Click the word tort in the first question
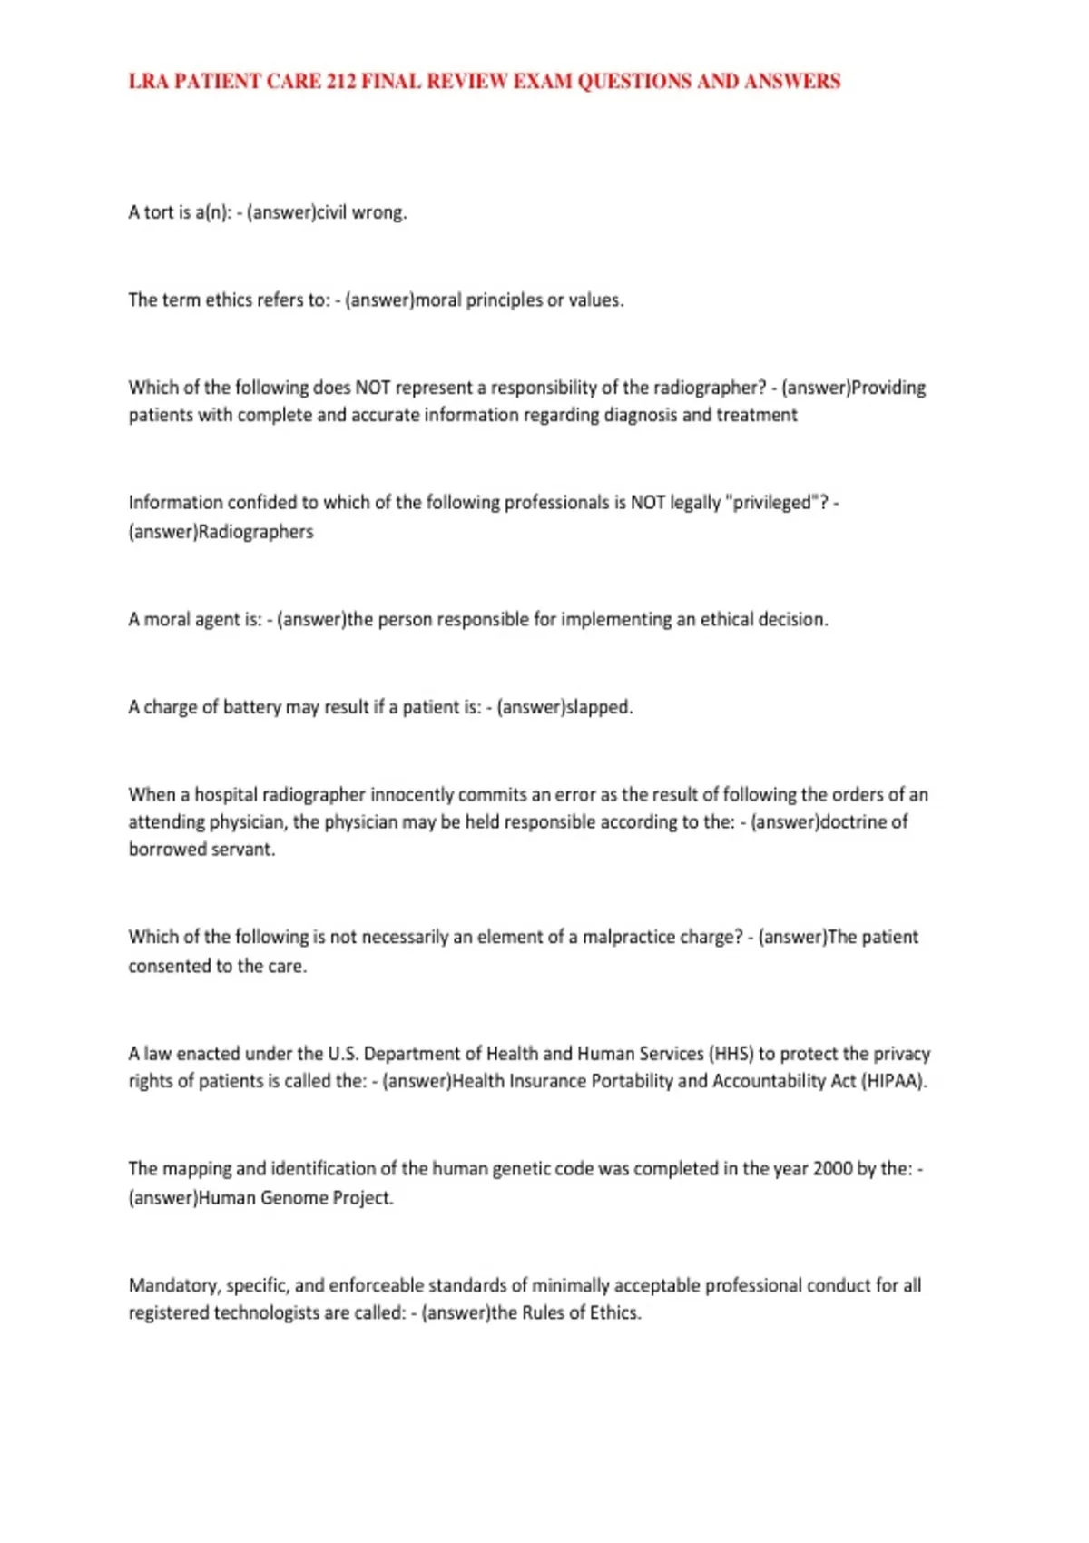click(x=159, y=212)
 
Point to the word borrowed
click(x=166, y=850)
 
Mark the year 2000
click(x=832, y=1169)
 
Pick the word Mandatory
click(x=172, y=1285)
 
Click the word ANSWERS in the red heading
click(x=792, y=82)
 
